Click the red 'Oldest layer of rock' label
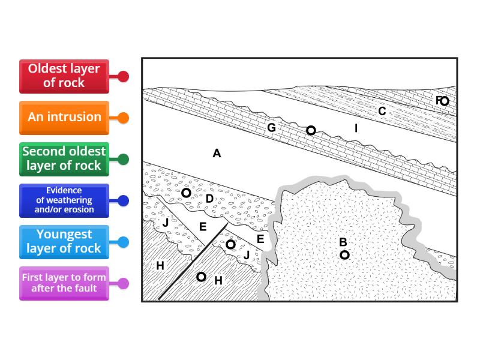64,76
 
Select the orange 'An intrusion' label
64,117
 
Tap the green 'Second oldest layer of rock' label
64,159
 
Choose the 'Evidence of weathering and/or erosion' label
64,200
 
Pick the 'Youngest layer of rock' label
64,242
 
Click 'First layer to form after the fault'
64,283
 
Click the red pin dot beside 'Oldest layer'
123,77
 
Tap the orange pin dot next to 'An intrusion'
123,118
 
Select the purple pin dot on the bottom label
123,284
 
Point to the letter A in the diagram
217,154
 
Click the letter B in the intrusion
343,242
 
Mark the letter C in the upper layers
382,112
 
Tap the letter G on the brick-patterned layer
271,128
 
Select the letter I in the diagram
356,128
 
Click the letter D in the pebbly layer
209,199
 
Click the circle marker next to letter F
444,101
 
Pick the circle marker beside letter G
311,130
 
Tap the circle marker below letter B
344,255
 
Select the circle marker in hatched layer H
202,277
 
